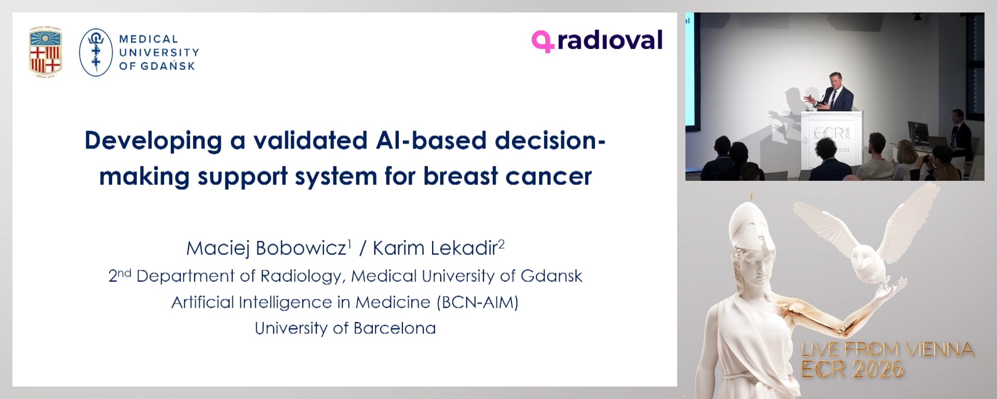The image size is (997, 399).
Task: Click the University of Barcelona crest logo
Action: (45, 52)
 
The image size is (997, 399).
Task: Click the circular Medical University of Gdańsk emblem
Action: (96, 52)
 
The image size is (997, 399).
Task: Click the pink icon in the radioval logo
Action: (542, 41)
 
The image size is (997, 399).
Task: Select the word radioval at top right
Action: (610, 41)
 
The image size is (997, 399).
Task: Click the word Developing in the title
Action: (153, 141)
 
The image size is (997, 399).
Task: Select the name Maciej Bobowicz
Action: (266, 248)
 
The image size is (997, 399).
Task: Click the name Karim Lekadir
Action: (435, 248)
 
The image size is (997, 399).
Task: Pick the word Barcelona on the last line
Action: (394, 328)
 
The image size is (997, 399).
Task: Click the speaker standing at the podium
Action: (836, 92)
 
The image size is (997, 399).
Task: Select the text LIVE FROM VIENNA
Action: (887, 349)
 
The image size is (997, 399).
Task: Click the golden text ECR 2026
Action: (852, 369)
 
